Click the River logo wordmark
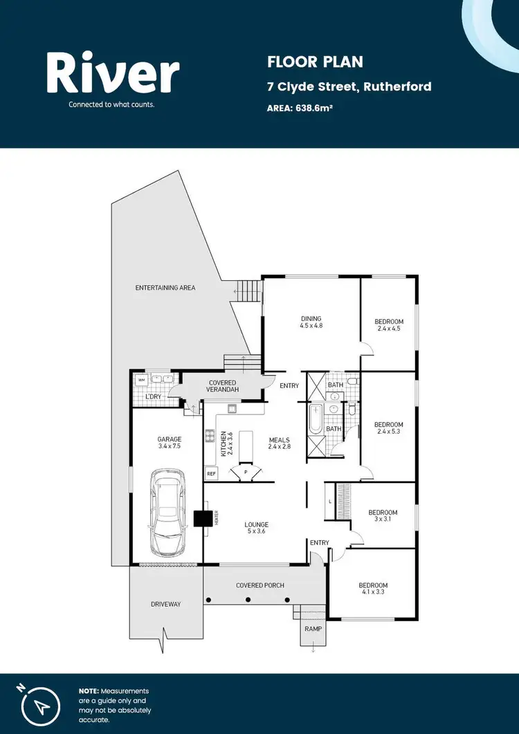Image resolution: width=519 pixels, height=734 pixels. [113, 74]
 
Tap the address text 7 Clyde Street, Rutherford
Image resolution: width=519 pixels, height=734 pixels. [349, 86]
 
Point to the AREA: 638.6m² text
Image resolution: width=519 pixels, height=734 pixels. [300, 108]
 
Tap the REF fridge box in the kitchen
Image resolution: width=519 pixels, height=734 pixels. [211, 474]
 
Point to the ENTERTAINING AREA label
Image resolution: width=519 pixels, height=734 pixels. [165, 287]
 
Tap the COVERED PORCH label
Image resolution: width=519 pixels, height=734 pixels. [259, 585]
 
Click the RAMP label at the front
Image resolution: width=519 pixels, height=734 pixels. [313, 628]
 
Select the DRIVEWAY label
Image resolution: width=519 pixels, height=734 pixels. [165, 604]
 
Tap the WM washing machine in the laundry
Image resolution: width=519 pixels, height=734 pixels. [142, 379]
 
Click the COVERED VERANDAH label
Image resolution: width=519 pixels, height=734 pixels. [221, 386]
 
